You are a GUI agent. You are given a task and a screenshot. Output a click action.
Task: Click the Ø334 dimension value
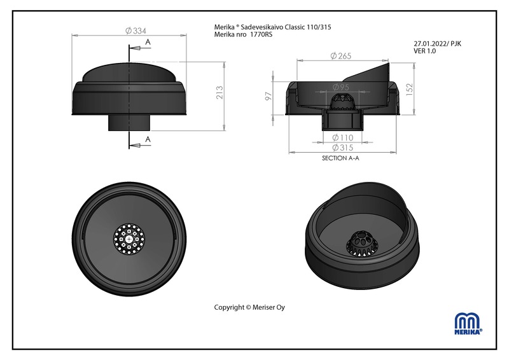(136, 31)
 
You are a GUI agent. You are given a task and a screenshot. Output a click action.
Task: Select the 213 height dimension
(220, 92)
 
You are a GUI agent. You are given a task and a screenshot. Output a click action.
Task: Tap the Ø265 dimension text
(341, 56)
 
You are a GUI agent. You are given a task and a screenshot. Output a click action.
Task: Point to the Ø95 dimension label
(341, 87)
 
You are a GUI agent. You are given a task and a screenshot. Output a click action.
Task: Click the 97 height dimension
(268, 96)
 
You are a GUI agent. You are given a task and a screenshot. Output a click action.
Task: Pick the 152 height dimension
(409, 90)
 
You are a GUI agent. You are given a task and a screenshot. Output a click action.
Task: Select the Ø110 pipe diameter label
(343, 137)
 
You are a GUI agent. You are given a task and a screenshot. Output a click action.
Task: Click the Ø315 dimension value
(343, 148)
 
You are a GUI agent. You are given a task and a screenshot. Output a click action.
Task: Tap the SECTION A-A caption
(340, 158)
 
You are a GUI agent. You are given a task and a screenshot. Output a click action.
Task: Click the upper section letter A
(148, 42)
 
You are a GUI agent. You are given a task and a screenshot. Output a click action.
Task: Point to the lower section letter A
(148, 139)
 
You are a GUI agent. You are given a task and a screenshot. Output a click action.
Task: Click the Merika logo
(468, 323)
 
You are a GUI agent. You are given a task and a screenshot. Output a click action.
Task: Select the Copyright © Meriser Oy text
(249, 307)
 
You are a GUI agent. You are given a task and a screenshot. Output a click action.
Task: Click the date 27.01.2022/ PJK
(437, 44)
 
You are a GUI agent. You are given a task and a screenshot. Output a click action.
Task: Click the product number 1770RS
(261, 34)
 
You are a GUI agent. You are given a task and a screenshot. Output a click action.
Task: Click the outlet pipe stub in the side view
(129, 123)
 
